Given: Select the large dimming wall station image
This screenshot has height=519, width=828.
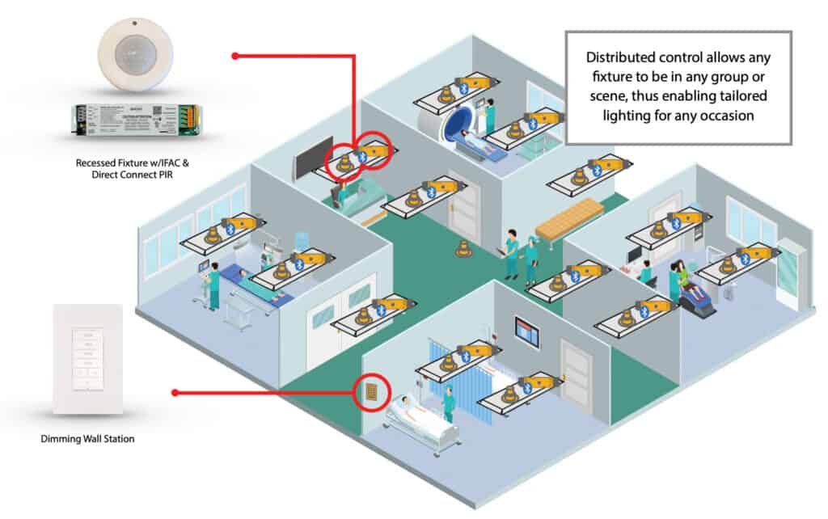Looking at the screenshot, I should click(87, 359).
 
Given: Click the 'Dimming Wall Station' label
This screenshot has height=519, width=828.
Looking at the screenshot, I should click(87, 439).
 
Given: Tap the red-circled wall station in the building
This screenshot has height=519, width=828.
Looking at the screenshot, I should click(370, 392).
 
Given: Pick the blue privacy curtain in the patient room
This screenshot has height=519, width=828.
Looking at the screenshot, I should click(441, 368).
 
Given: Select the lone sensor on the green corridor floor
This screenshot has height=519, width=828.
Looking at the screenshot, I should click(463, 249).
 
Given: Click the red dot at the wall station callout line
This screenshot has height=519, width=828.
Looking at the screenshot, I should click(175, 392).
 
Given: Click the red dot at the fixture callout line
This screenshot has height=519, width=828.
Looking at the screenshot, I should click(234, 56).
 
